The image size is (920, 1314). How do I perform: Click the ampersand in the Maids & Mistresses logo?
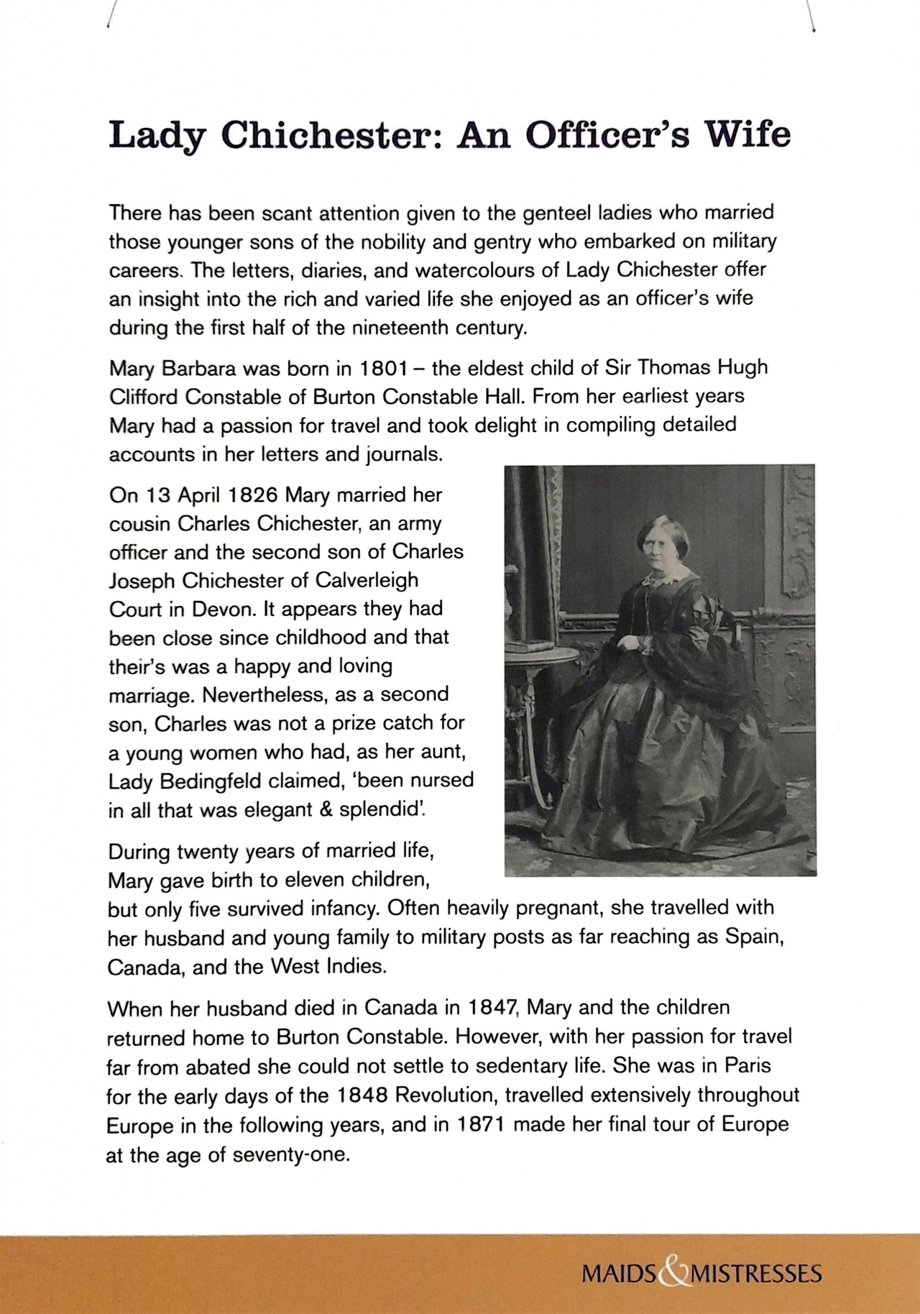pyautogui.click(x=673, y=1274)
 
